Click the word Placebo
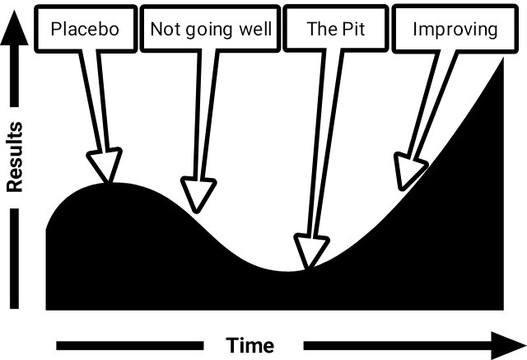click(85, 29)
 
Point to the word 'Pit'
click(354, 29)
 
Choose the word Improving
click(455, 30)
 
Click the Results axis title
click(15, 157)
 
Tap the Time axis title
click(250, 345)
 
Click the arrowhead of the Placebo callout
click(105, 165)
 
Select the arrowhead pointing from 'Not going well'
click(198, 195)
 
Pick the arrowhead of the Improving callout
click(408, 171)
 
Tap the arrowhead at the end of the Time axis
click(508, 345)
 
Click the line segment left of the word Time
click(130, 345)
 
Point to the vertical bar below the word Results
click(15, 258)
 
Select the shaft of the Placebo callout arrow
click(94, 101)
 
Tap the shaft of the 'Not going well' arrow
click(207, 115)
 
